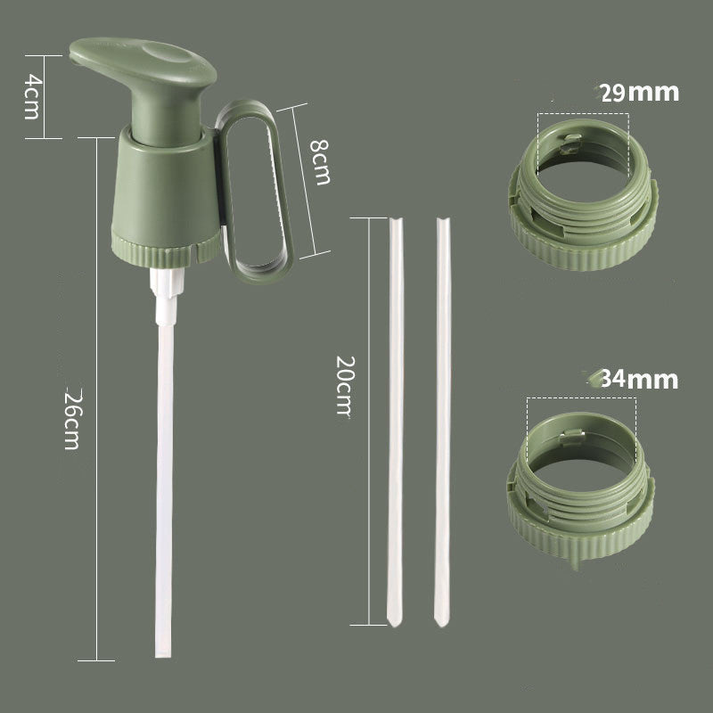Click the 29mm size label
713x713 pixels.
[639, 92]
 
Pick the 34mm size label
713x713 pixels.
[639, 380]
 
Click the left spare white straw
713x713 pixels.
[396, 419]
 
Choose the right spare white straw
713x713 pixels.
[442, 419]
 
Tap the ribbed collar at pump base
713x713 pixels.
[165, 250]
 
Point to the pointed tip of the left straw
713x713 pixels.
[393, 619]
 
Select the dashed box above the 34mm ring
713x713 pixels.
[581, 419]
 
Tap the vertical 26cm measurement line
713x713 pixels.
[96, 401]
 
